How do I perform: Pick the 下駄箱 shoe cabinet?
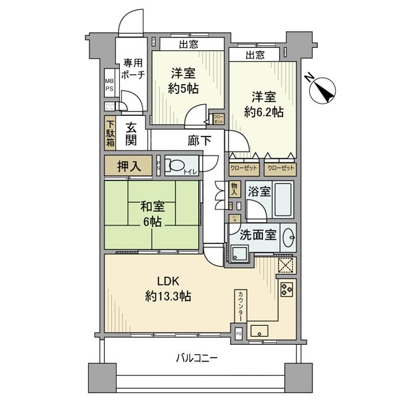click(x=109, y=133)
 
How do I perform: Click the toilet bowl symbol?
click(x=176, y=166)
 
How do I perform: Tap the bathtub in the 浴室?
click(x=283, y=197)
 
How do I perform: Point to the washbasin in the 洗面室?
click(x=290, y=237)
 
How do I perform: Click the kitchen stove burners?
click(x=287, y=288)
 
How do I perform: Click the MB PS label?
click(x=109, y=85)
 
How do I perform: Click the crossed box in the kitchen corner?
click(x=286, y=265)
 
